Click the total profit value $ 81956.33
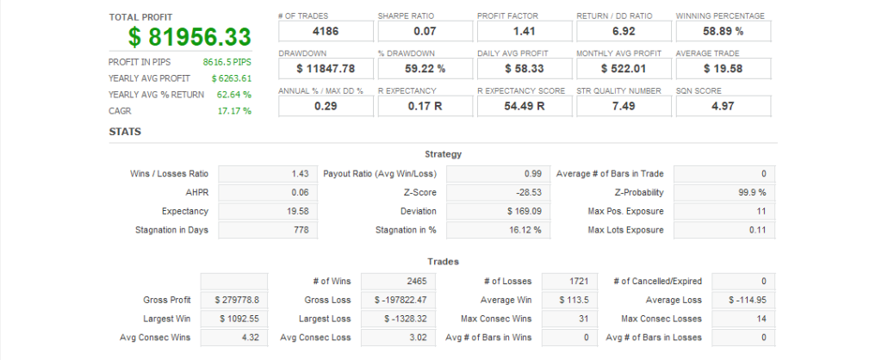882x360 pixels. pyautogui.click(x=189, y=37)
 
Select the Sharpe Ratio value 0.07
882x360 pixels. pyautogui.click(x=425, y=32)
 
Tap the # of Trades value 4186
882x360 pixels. pyautogui.click(x=326, y=32)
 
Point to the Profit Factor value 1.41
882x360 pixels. pyautogui.click(x=525, y=32)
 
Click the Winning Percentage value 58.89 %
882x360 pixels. pyautogui.click(x=723, y=32)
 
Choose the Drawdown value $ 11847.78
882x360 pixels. pyautogui.click(x=326, y=68)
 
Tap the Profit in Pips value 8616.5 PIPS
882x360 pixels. pyautogui.click(x=227, y=62)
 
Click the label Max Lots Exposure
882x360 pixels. pyautogui.click(x=625, y=230)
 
